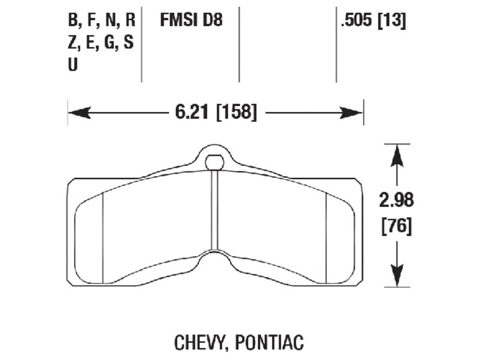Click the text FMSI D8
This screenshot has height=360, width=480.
coord(191,20)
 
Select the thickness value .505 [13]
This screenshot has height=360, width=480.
coord(373,21)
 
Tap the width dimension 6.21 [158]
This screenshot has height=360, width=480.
coord(216,112)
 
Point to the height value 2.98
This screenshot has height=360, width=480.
coord(396,201)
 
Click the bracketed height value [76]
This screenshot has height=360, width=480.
coord(396,226)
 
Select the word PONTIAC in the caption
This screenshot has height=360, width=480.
coord(269,342)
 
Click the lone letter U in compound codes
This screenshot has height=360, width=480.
coord(72,65)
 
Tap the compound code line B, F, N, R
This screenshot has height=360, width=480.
coord(101,20)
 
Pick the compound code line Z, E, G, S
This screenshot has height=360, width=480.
coord(100,42)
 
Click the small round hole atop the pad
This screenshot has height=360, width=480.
coord(214,162)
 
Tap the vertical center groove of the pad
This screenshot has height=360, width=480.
coord(214,210)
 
